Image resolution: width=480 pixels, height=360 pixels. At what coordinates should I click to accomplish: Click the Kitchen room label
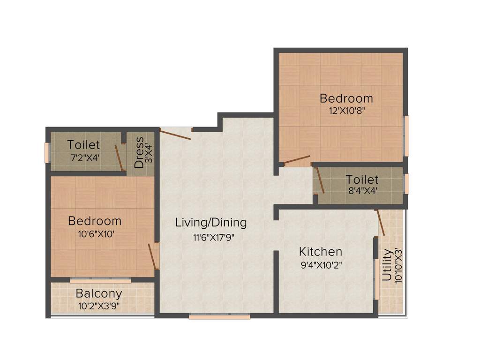click(x=321, y=252)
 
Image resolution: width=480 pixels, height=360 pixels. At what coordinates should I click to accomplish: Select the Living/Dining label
click(x=211, y=222)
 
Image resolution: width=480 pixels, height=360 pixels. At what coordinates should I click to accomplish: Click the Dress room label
click(x=139, y=152)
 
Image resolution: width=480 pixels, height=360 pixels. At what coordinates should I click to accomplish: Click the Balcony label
click(x=99, y=294)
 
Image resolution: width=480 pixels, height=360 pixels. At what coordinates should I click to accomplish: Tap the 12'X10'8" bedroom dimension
click(x=346, y=111)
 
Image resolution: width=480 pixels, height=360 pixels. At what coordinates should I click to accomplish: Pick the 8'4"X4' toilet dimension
click(x=362, y=191)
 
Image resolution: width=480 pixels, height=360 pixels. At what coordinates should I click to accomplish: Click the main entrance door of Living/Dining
click(x=175, y=135)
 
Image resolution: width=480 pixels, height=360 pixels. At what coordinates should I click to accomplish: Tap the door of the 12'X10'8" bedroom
click(x=297, y=160)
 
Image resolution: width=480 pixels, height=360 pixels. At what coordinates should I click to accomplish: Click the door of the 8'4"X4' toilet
click(x=320, y=180)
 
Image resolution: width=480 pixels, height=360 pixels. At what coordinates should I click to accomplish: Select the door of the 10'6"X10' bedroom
click(x=152, y=256)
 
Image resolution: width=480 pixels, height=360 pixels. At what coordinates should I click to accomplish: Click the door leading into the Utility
click(x=381, y=223)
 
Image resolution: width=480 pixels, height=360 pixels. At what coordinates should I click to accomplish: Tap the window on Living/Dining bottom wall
click(x=219, y=317)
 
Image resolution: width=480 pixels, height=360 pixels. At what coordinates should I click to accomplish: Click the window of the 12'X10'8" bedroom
click(x=406, y=136)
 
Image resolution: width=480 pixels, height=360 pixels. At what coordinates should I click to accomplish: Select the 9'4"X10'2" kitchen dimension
click(x=321, y=264)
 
